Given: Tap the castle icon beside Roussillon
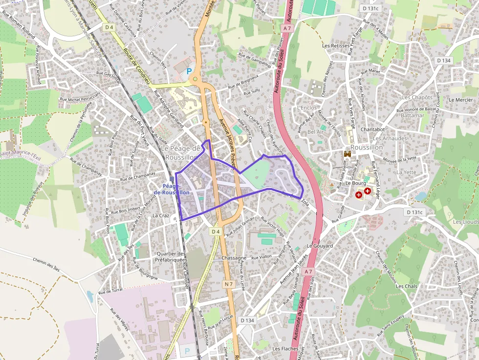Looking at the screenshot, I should tap(348, 154).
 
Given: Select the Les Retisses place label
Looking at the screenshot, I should tap(336, 45).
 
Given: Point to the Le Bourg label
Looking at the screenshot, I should tap(356, 184).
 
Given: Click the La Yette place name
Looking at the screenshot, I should tap(406, 172).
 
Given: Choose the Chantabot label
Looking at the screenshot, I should tap(373, 129).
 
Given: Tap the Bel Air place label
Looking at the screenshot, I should tap(316, 132).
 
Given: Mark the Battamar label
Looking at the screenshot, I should tap(413, 115).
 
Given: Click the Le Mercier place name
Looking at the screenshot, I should tap(460, 100).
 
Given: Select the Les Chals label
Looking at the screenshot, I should tap(407, 286).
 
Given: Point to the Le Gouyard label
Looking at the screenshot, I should tap(320, 246).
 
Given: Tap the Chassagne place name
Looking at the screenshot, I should tap(234, 258).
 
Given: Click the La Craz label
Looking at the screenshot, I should tap(161, 215).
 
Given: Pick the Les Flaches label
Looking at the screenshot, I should tap(285, 349).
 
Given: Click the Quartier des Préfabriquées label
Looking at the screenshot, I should tap(171, 257).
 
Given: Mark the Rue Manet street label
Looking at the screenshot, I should tap(371, 71).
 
